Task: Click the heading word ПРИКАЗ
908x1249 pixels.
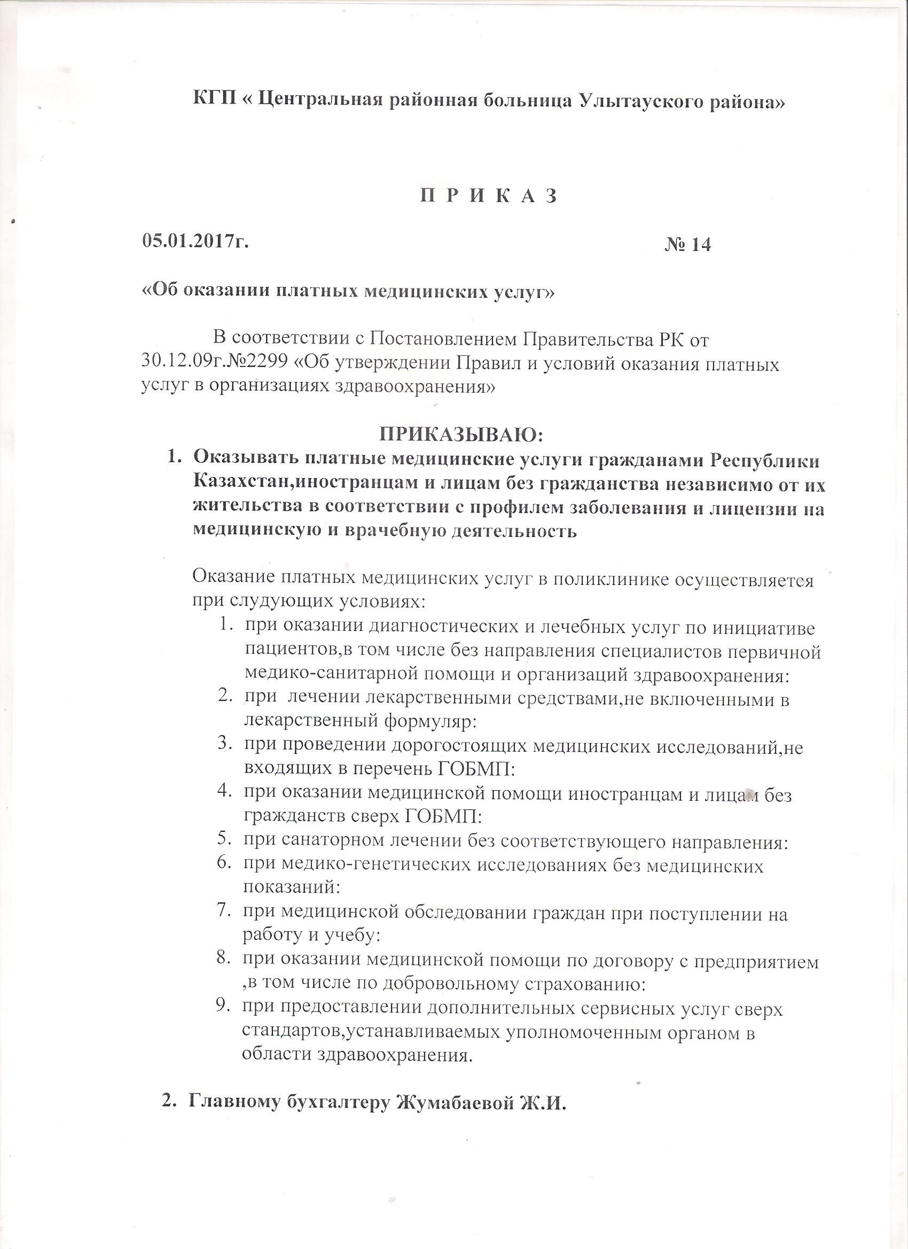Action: click(489, 197)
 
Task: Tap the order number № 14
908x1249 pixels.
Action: click(688, 244)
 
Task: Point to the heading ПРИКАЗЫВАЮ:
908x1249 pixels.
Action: click(462, 435)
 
